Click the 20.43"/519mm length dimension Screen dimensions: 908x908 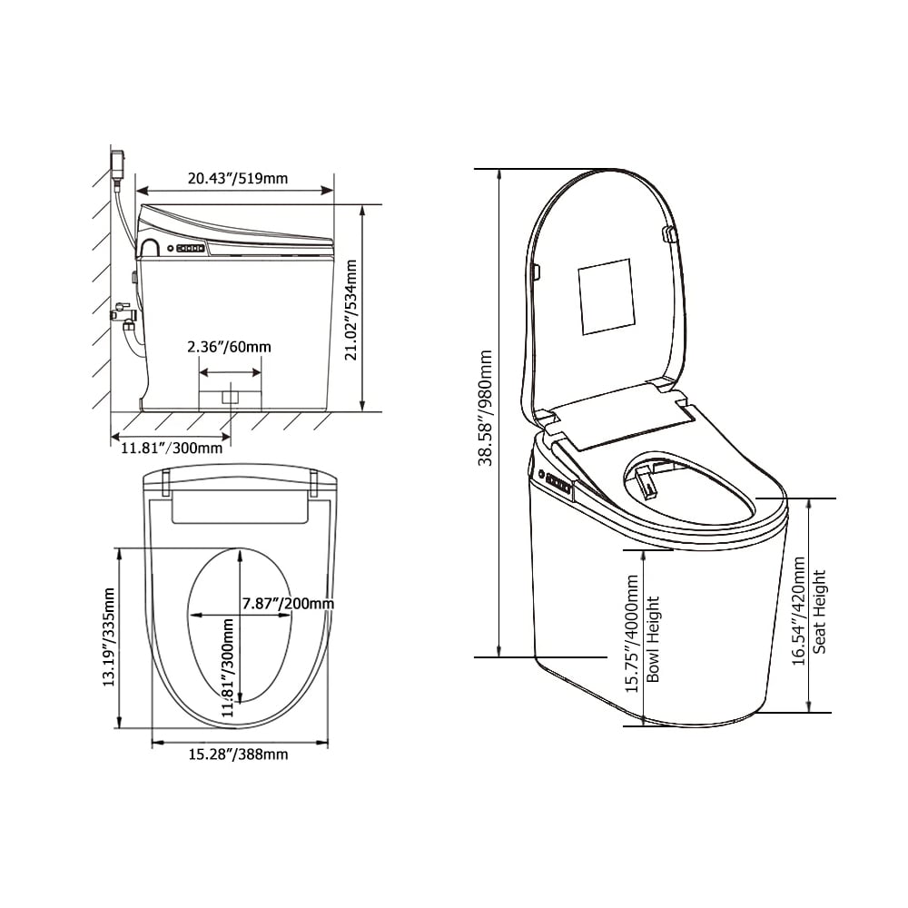coord(237,179)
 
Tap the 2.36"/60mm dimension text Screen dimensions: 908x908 coord(228,346)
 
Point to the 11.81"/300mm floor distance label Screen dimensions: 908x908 coord(171,446)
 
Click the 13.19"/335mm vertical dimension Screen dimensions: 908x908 coord(109,637)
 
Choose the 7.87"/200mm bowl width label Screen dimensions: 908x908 coord(288,604)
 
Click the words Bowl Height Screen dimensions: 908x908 coord(653,639)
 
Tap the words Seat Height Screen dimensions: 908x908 coord(820,611)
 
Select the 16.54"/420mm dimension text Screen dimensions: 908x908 coord(799,611)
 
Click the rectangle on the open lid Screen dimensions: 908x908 coord(605,296)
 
